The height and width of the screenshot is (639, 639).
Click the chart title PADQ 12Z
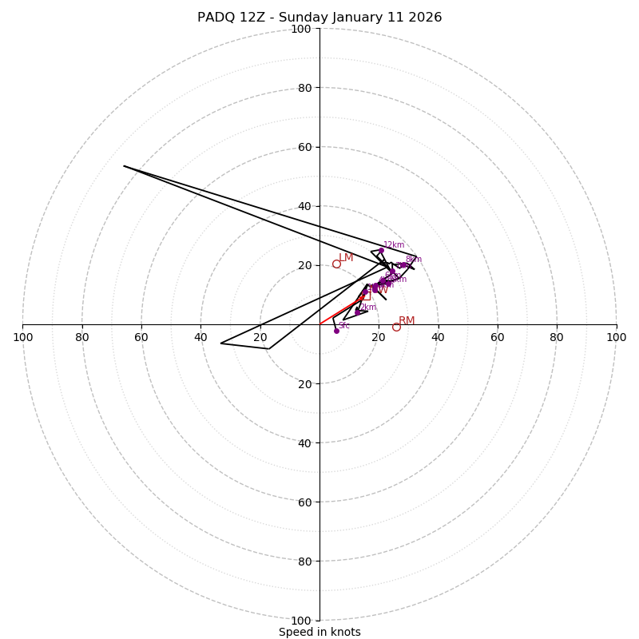click(x=319, y=18)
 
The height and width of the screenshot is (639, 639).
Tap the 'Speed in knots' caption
click(x=319, y=632)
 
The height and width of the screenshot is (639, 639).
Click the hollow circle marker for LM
click(x=336, y=264)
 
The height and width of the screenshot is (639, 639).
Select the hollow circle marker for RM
click(x=396, y=327)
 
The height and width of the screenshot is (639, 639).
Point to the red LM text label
click(x=346, y=257)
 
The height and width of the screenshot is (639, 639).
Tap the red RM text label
click(x=407, y=320)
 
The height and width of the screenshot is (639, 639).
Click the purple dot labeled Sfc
click(x=336, y=331)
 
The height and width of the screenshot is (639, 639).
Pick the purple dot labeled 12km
click(x=381, y=250)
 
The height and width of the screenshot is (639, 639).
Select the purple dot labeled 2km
click(x=357, y=312)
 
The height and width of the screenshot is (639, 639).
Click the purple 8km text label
click(x=413, y=259)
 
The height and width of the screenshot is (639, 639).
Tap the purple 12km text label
click(x=394, y=244)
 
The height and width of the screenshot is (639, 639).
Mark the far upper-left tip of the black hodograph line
click(x=124, y=165)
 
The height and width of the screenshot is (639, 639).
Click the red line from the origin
click(x=339, y=311)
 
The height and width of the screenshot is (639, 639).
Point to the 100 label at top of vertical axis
click(x=301, y=29)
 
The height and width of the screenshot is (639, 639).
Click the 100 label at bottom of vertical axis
click(x=301, y=621)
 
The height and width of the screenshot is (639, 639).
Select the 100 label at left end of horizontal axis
click(x=22, y=337)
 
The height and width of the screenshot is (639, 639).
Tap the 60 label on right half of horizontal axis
click(x=498, y=337)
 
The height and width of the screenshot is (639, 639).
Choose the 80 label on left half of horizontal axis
click(x=82, y=337)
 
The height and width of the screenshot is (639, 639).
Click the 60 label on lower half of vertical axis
click(x=304, y=502)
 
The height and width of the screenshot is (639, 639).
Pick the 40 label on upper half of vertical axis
click(x=304, y=206)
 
